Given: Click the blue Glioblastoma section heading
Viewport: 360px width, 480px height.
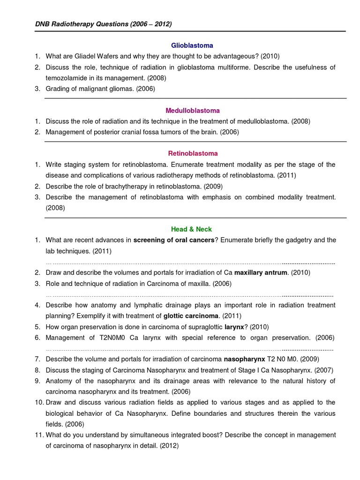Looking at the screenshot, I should coord(192,45).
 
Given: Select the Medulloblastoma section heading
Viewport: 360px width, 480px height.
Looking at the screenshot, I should coord(192,111).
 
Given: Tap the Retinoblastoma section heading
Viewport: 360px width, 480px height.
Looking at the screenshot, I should coord(193,153).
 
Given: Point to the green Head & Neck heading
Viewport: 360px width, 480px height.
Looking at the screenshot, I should coord(192,229).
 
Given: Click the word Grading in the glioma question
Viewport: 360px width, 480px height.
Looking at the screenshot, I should coord(58,89).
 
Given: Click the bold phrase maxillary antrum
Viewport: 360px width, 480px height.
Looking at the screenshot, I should coord(261,272).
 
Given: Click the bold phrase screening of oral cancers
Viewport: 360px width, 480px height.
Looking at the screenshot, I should coord(174,240).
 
